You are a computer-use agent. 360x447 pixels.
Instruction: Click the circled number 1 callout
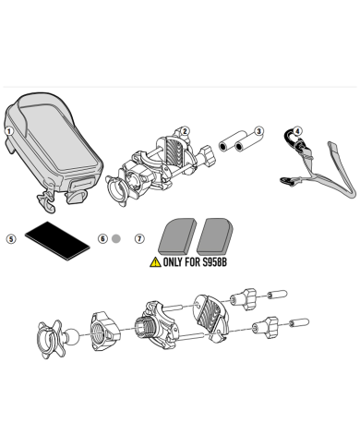click(x=9, y=131)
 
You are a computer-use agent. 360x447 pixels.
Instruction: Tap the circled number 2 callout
click(x=185, y=131)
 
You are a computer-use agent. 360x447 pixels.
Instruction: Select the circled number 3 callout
click(x=259, y=131)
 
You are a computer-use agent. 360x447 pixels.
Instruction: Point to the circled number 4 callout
click(x=297, y=131)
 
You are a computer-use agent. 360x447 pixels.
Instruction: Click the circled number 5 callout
click(x=11, y=239)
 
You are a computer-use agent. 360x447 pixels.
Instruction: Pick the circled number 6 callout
click(x=102, y=238)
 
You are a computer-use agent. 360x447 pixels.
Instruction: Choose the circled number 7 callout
click(x=139, y=238)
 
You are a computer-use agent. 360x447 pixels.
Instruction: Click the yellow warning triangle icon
click(x=155, y=262)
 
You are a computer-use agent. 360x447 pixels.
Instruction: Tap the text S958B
click(x=214, y=262)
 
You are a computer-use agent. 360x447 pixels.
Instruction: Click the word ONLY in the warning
click(x=173, y=262)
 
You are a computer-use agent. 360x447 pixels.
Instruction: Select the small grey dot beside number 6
click(x=116, y=238)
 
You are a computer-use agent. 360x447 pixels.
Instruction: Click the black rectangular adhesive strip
click(x=57, y=241)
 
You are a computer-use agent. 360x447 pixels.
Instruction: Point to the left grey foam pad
click(x=177, y=235)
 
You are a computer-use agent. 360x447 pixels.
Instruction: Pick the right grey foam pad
click(x=215, y=235)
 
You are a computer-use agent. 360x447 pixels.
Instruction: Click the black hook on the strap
click(x=288, y=138)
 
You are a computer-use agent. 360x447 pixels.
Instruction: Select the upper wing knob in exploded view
click(x=244, y=298)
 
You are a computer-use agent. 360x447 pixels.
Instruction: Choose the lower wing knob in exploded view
click(x=265, y=327)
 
